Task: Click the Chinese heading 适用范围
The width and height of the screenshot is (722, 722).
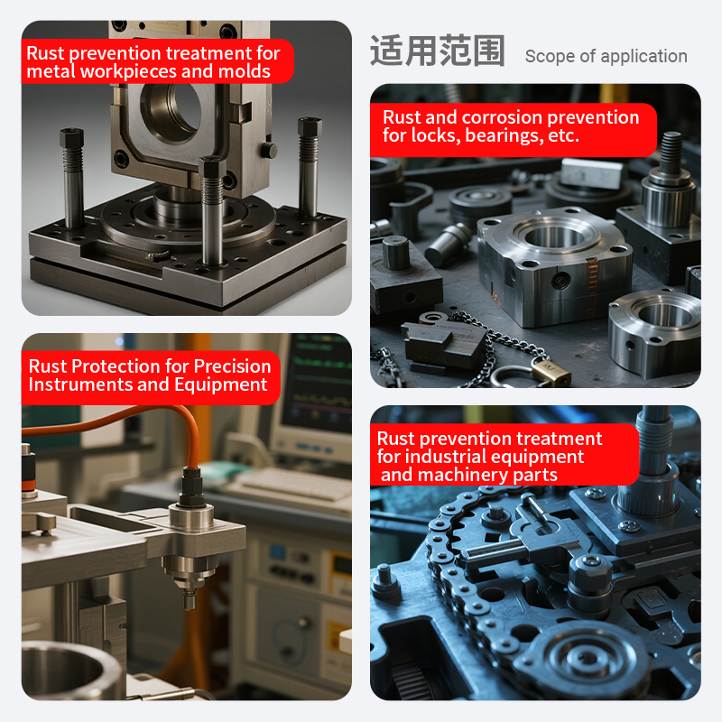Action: pyautogui.click(x=438, y=51)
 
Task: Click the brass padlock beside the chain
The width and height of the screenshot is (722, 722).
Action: pyautogui.click(x=551, y=371)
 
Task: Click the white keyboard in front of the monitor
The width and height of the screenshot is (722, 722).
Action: pyautogui.click(x=295, y=484)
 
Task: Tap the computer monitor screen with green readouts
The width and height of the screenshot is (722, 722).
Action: pyautogui.click(x=317, y=382)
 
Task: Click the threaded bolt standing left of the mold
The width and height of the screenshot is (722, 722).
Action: pyautogui.click(x=72, y=177)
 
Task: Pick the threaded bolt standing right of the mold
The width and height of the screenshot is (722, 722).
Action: pyautogui.click(x=309, y=167)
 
